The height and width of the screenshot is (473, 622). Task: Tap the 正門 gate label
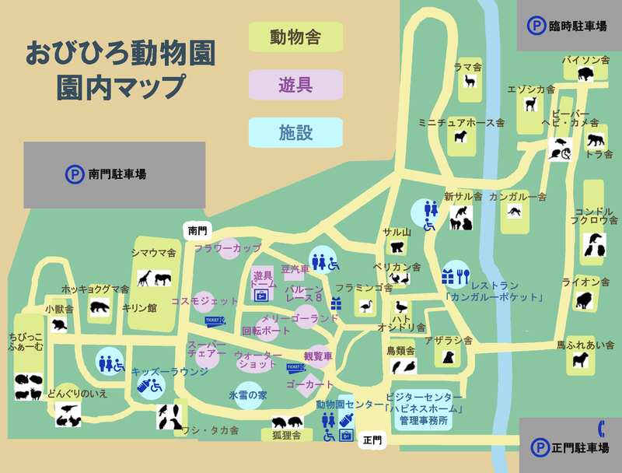[372, 440]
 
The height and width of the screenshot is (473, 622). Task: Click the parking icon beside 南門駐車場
[75, 174]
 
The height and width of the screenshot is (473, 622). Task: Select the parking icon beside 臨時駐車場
[536, 26]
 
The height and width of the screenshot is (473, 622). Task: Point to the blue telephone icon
[602, 428]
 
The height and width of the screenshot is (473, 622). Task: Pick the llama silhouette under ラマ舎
[469, 82]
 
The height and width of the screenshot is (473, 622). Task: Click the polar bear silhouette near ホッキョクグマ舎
[100, 307]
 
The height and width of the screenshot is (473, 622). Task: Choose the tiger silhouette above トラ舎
[596, 141]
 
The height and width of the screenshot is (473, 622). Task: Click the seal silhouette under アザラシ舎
[448, 356]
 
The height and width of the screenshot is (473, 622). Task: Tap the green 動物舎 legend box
[285, 37]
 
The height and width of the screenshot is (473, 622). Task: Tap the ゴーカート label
[309, 385]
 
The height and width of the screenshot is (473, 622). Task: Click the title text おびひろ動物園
[121, 54]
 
